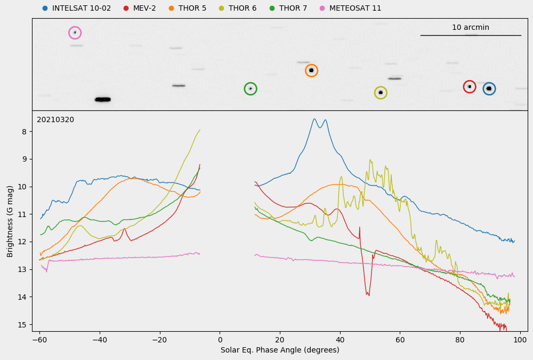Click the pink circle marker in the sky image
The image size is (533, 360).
coord(75,33)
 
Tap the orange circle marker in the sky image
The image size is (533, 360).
coord(311,70)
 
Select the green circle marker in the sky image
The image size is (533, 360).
coord(251,89)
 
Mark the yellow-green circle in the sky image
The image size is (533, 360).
coord(380,93)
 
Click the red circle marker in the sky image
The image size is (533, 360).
coord(469,86)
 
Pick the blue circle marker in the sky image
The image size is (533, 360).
coord(489,89)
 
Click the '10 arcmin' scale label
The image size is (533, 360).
coord(470,28)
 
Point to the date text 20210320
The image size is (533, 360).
coord(55,120)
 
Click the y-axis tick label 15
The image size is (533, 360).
coord(22,324)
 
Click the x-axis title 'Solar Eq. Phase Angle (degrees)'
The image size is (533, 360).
coord(280,350)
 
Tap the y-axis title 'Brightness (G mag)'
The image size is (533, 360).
coord(10,221)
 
